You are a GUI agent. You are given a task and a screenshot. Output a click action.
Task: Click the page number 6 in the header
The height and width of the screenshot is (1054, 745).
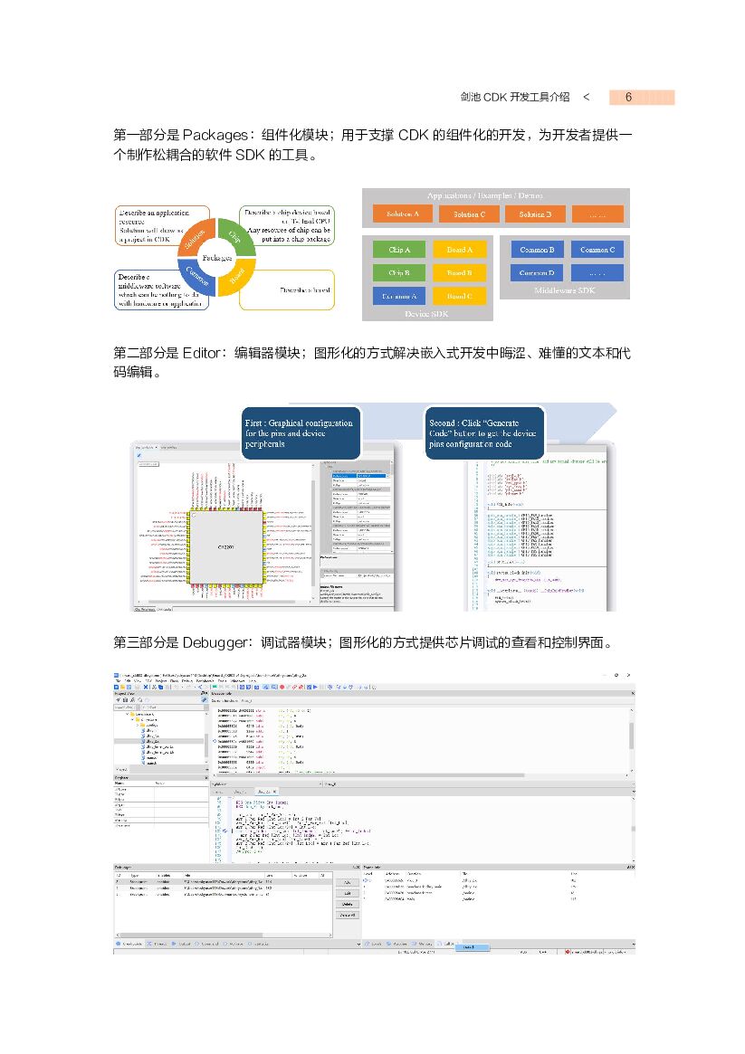[627, 98]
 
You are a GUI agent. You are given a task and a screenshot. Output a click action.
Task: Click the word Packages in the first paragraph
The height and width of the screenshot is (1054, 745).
[215, 136]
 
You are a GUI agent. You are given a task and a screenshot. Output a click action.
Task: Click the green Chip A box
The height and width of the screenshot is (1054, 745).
[399, 249]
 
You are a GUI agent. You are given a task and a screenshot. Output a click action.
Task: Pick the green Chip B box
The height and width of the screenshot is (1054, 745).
[399, 272]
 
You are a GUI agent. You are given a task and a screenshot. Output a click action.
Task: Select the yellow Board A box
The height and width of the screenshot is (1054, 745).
[460, 249]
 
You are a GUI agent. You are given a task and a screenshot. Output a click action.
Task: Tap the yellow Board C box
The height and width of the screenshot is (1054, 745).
[460, 296]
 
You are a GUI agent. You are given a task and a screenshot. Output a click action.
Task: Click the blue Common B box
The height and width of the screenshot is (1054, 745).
[538, 249]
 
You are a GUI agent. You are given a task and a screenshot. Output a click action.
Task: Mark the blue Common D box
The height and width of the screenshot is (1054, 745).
[538, 272]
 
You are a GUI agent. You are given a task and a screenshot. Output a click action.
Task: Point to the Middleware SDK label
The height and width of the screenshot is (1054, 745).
[564, 290]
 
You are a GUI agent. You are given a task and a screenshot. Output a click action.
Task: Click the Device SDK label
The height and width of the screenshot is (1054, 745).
[426, 313]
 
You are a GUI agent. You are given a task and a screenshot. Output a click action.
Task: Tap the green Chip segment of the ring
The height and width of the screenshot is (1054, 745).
[234, 237]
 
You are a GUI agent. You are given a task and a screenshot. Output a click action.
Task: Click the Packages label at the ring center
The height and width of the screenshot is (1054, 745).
[217, 258]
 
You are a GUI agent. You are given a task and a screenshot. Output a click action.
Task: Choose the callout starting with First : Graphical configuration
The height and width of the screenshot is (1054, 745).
[302, 432]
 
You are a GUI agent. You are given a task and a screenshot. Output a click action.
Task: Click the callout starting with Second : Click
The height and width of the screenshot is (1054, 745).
[485, 432]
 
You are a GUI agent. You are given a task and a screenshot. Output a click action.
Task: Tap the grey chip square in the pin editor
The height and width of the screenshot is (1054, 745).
[225, 548]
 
